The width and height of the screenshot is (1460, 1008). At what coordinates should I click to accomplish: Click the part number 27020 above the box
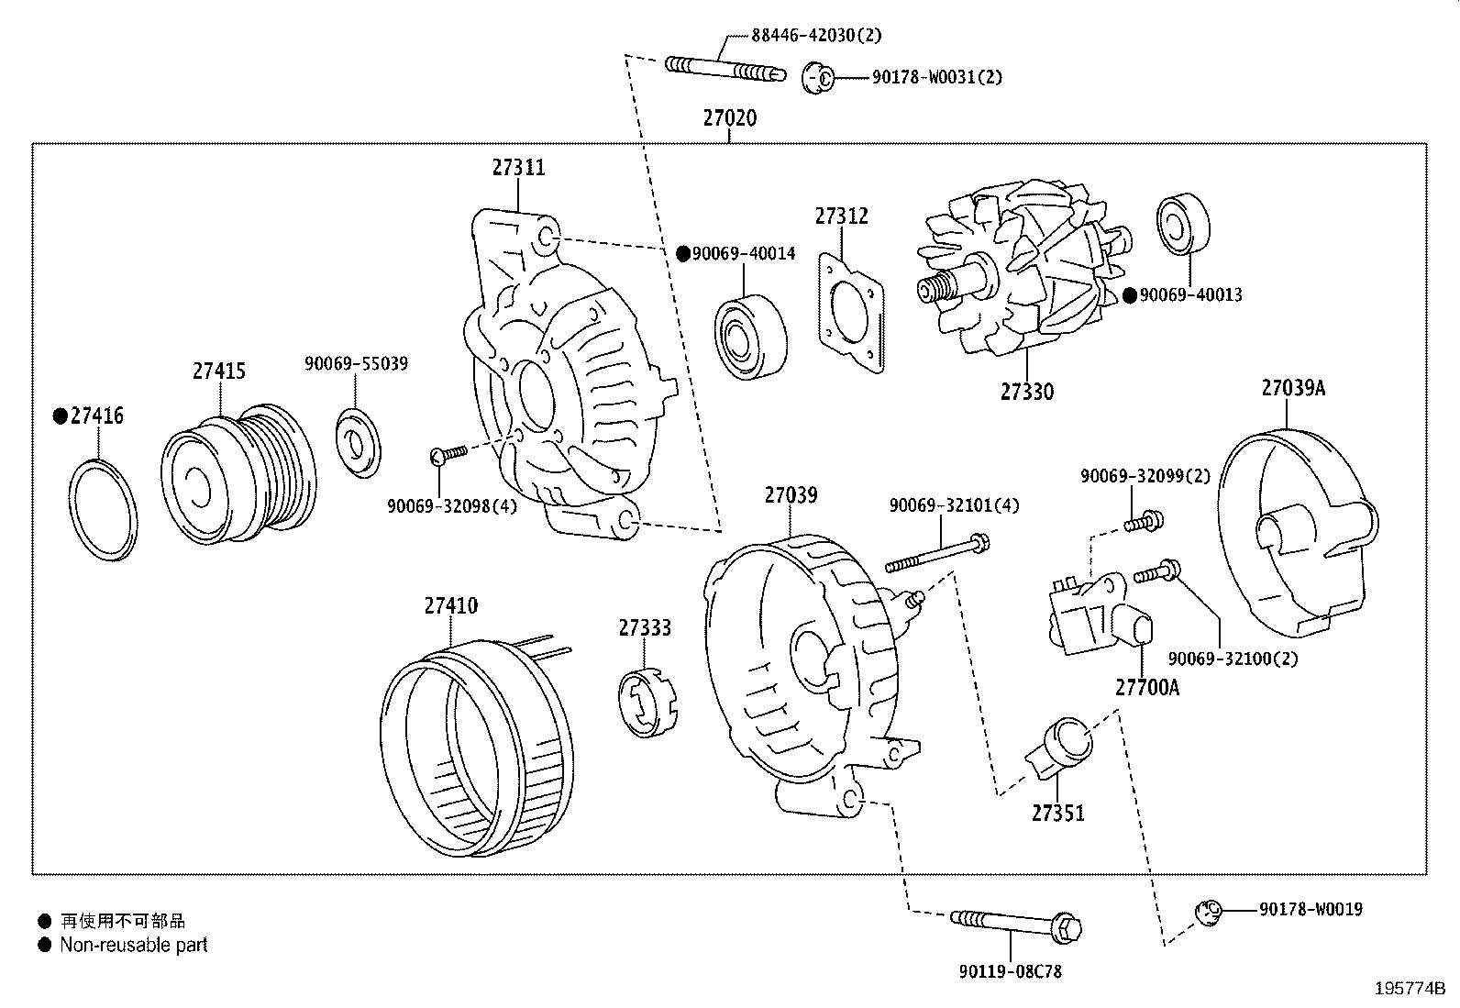pyautogui.click(x=730, y=118)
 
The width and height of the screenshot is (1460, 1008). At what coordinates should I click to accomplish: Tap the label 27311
pyautogui.click(x=518, y=167)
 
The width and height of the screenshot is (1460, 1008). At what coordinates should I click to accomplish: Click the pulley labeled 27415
pyautogui.click(x=237, y=477)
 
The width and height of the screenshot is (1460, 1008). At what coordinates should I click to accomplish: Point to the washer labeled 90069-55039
pyautogui.click(x=358, y=443)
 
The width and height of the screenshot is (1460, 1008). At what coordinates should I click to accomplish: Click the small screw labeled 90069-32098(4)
pyautogui.click(x=448, y=452)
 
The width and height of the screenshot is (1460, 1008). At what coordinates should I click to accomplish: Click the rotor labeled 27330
pyautogui.click(x=1018, y=275)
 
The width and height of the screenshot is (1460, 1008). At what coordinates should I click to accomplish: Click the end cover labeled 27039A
pyautogui.click(x=1295, y=532)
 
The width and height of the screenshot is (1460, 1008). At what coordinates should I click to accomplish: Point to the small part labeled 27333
pyautogui.click(x=645, y=703)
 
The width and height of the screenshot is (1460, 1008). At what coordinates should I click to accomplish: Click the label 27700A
pyautogui.click(x=1146, y=686)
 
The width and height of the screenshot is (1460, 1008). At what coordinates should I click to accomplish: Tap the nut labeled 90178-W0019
pyautogui.click(x=1209, y=911)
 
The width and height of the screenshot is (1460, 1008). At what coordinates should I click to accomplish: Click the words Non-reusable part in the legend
pyautogui.click(x=134, y=945)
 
